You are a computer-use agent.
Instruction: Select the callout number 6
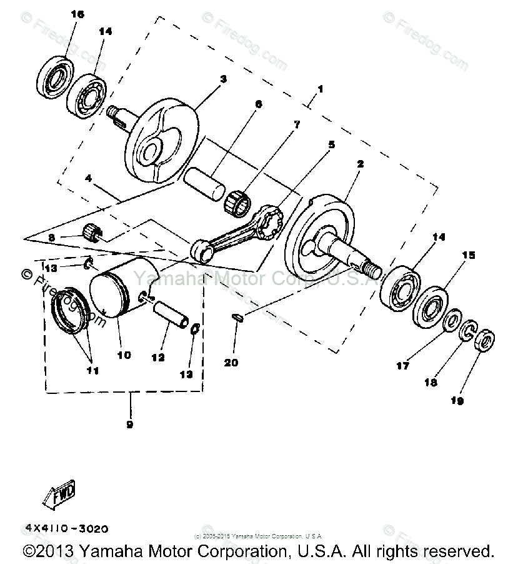coord(258,104)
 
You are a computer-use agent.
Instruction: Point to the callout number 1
coord(319,89)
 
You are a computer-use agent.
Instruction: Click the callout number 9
coord(131,425)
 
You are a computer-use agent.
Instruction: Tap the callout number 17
coord(403,366)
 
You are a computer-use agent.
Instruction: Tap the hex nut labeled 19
coord(486,341)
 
